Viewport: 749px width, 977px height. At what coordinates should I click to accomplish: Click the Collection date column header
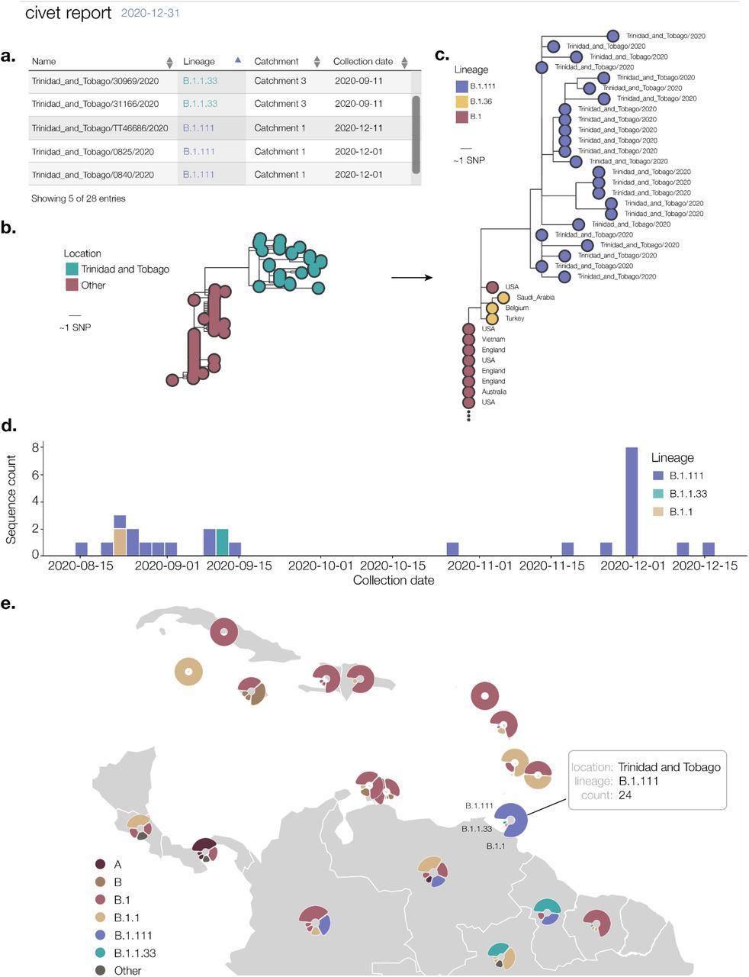(x=363, y=62)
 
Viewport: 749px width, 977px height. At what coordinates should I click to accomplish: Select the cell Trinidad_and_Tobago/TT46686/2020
(x=100, y=128)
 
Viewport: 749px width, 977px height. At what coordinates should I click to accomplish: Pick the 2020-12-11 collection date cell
(x=358, y=128)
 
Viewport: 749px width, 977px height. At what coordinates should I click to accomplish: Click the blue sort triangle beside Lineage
(x=237, y=60)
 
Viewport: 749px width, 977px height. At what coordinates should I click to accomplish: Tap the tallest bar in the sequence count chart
(x=632, y=501)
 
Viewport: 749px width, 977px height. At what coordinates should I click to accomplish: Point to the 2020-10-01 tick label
(x=321, y=566)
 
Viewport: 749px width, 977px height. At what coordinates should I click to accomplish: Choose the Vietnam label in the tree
(x=493, y=339)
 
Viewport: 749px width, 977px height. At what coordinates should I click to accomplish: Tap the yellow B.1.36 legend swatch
(x=461, y=102)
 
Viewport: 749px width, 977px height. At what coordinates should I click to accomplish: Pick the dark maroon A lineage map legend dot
(x=101, y=865)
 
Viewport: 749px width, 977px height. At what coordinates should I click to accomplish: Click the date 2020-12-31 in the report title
(x=150, y=13)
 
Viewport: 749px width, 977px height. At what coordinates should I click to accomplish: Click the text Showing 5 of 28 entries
(x=79, y=198)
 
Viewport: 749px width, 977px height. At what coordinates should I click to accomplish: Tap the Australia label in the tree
(x=494, y=392)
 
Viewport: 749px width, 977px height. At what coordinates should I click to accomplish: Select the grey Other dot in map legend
(x=101, y=970)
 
